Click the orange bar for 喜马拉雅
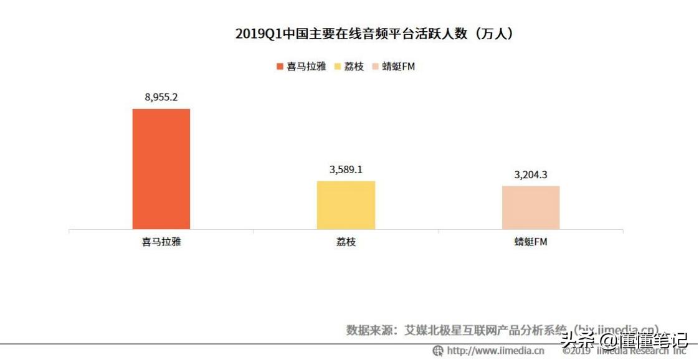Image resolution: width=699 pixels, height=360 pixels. coord(161,169)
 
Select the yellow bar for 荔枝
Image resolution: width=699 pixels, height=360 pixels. coord(346,205)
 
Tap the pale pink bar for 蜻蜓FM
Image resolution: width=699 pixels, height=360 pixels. coord(531,207)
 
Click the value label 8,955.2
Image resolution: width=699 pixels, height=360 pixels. coord(161,97)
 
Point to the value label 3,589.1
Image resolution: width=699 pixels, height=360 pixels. coord(346,169)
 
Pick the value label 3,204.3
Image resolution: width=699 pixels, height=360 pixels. coord(531,174)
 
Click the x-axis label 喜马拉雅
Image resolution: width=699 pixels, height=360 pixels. coord(161,242)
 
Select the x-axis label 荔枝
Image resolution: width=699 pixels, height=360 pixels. coord(346,242)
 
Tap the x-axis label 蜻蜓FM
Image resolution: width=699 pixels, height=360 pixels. coord(531,242)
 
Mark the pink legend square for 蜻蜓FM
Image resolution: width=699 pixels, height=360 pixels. coord(374,66)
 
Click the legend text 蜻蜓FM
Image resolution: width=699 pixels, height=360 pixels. coord(398,66)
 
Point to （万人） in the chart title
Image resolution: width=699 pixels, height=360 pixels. coord(495,34)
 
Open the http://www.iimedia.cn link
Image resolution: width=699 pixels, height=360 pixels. coord(495,351)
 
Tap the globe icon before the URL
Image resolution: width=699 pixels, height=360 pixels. coord(438,351)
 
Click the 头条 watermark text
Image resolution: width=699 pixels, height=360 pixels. coord(575,340)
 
